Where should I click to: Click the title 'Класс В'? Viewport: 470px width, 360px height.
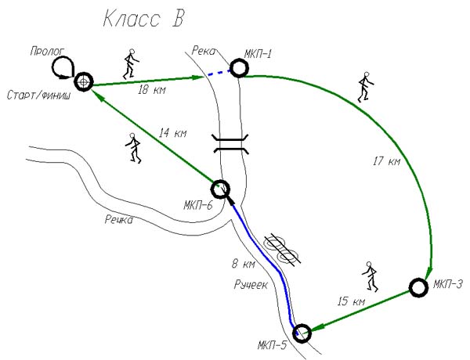point(143,20)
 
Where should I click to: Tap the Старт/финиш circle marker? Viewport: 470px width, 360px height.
point(84,81)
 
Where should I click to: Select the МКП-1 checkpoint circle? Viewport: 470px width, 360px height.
point(239,68)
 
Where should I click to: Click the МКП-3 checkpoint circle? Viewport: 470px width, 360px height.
point(418,287)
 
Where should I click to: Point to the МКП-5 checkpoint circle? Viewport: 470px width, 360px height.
point(302,333)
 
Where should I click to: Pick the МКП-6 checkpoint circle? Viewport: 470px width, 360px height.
point(220,189)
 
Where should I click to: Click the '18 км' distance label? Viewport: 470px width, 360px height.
point(151,90)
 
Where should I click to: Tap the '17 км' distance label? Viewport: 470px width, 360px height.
point(387,161)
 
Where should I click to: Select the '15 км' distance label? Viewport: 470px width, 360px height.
point(351,301)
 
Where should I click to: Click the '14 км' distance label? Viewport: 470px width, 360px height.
point(172,133)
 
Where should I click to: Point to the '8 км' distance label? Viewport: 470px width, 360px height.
point(244,265)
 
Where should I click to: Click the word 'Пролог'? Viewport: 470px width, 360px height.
point(47,52)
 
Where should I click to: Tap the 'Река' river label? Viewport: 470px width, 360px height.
point(204,51)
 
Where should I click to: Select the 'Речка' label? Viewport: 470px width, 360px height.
point(119,220)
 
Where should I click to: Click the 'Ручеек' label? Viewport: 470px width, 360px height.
point(251,285)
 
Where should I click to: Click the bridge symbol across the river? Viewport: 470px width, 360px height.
point(230,144)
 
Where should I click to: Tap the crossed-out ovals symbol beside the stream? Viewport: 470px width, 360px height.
point(282,250)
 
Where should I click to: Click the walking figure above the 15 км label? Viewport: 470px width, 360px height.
point(371,276)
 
